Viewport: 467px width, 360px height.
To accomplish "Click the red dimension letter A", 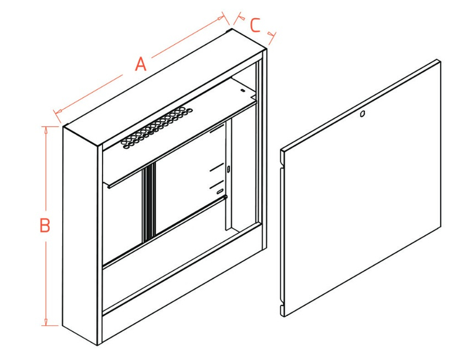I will click(141, 63).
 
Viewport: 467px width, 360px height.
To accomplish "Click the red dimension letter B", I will click(45, 226).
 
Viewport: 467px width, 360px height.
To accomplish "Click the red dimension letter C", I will click(255, 25).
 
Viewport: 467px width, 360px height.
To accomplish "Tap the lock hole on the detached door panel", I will click(362, 114).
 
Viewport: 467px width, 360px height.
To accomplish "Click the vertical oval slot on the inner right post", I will click(228, 170).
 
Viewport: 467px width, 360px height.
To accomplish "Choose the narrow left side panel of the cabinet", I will click(80, 235).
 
